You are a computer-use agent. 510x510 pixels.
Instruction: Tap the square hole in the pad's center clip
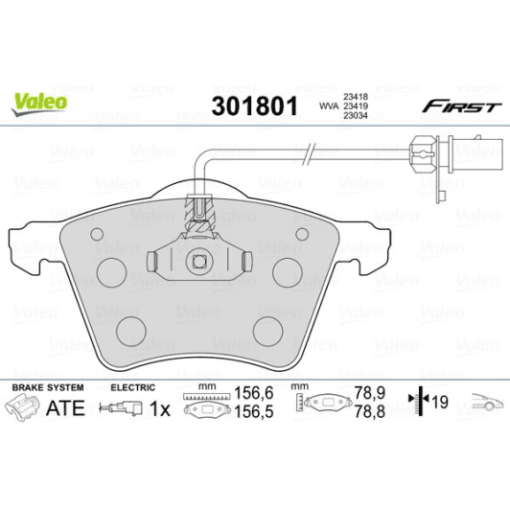tap(198, 259)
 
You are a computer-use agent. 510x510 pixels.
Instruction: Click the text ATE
tap(65, 407)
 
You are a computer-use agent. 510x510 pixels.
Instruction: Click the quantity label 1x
tap(160, 408)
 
